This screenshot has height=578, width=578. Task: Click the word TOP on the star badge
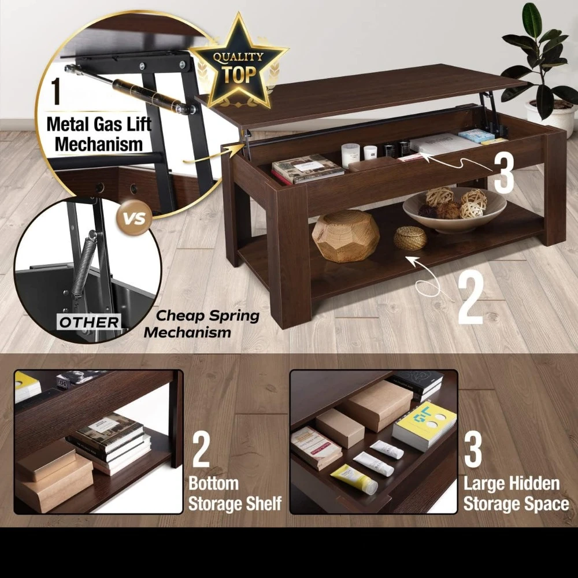tap(239, 74)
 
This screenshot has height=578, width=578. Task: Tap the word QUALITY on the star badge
tap(239, 57)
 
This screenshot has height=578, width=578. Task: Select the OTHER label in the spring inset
tap(89, 322)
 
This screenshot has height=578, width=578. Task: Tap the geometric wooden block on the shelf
tap(346, 236)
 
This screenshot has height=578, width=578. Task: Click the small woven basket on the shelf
tap(410, 238)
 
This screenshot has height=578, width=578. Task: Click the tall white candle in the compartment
tap(350, 155)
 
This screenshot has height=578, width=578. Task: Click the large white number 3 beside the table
tap(503, 173)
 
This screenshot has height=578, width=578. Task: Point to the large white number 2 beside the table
tap(470, 298)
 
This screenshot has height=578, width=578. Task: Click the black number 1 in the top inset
tap(55, 91)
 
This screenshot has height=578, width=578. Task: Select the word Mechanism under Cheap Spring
tap(187, 332)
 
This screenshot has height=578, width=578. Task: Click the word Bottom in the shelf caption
tap(213, 483)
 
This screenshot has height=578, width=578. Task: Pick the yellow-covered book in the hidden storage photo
tap(425, 425)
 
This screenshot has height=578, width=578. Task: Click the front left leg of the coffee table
tap(290, 254)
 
